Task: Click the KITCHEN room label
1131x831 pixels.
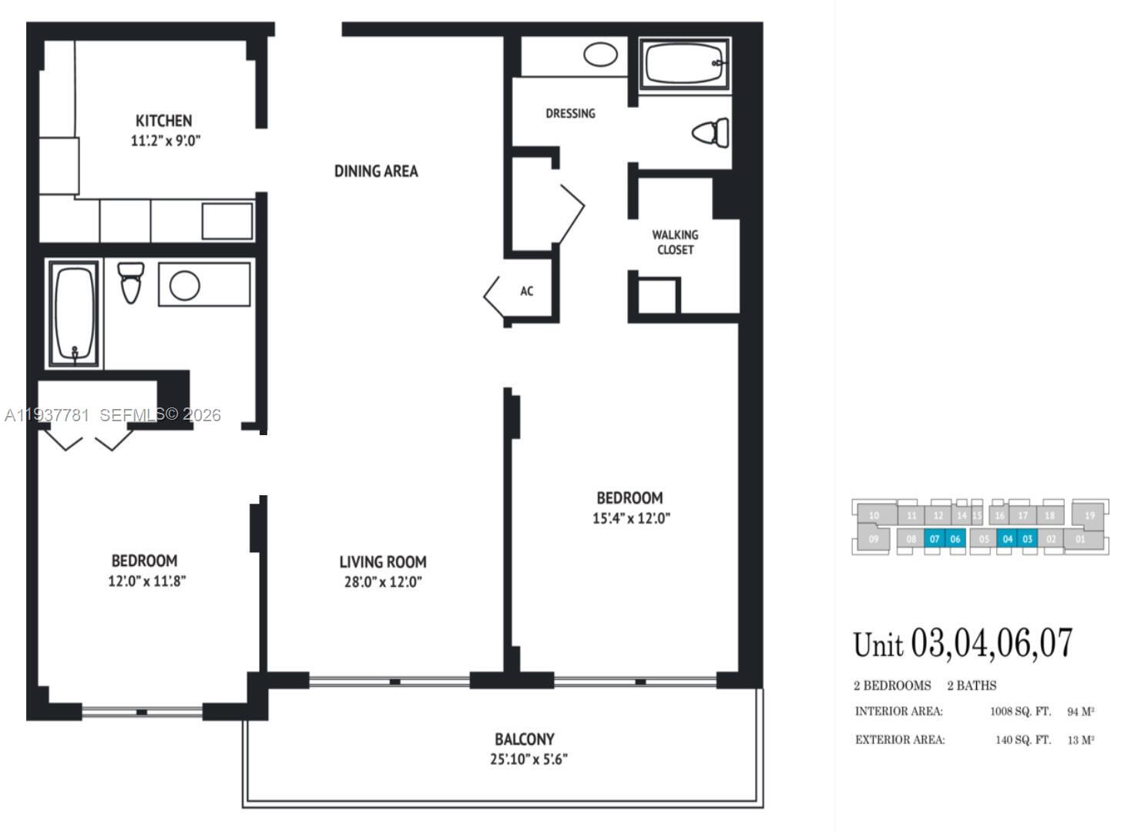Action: [163, 121]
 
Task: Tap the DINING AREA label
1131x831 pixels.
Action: [376, 171]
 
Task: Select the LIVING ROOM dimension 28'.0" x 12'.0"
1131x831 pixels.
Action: [383, 582]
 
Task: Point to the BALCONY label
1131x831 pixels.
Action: [524, 739]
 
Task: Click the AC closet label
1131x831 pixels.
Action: [526, 291]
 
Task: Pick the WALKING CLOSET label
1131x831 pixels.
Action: [675, 242]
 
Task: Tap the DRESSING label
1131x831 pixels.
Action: [570, 113]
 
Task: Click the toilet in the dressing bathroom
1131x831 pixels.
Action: [711, 132]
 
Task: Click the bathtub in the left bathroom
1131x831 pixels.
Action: [75, 313]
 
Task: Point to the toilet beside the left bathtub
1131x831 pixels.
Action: [131, 282]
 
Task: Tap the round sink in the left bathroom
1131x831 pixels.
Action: [185, 285]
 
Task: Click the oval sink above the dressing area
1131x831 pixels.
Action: [600, 55]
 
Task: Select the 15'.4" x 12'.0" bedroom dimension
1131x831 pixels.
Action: [631, 518]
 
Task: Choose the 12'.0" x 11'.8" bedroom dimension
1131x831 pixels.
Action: [146, 581]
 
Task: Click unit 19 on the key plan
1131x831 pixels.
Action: [1089, 515]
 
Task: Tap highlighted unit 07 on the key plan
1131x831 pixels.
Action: [934, 539]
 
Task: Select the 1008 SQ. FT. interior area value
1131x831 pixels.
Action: [1019, 712]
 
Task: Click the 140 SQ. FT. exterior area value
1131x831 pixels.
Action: [1022, 740]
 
